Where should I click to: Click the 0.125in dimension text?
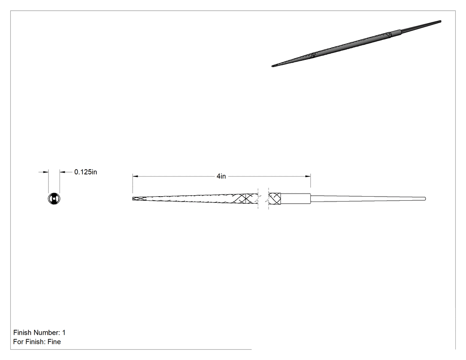click(x=86, y=172)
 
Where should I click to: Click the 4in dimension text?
click(x=221, y=176)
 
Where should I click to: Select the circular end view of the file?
click(x=54, y=199)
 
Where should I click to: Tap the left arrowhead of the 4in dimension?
click(x=135, y=176)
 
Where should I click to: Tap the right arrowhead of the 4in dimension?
click(x=308, y=176)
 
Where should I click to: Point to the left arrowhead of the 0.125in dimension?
click(x=46, y=172)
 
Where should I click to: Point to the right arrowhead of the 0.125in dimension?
click(x=63, y=172)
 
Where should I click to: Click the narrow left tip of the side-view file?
click(x=133, y=198)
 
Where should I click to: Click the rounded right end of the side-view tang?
click(x=425, y=198)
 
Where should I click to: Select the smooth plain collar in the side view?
click(x=296, y=198)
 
